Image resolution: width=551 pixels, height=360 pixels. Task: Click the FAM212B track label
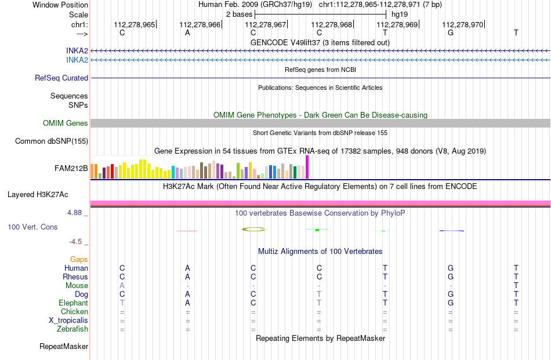click(x=71, y=168)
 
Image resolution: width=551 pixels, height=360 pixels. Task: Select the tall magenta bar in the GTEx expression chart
click(x=307, y=167)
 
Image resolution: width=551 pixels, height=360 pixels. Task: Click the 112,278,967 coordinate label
click(x=265, y=24)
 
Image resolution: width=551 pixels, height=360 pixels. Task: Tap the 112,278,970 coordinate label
click(x=462, y=24)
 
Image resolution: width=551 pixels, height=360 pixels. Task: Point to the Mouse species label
click(x=77, y=286)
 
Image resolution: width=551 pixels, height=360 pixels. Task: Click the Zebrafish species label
click(x=72, y=329)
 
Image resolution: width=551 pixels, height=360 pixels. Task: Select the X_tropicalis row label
click(x=68, y=321)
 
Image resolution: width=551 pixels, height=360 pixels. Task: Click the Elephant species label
click(x=74, y=303)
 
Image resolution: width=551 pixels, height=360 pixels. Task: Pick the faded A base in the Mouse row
click(x=122, y=286)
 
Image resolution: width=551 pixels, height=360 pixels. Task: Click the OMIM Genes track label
click(x=66, y=123)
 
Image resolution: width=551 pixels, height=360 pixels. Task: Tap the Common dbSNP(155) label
click(x=52, y=141)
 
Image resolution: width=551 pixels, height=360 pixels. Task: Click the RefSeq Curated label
click(x=61, y=78)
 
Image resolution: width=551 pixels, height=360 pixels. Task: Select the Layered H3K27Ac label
click(x=38, y=195)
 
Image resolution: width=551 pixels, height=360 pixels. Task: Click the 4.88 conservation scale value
click(x=74, y=213)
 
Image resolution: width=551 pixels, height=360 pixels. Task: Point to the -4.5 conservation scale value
click(x=75, y=242)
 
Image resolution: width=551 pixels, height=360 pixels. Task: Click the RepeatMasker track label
click(x=64, y=346)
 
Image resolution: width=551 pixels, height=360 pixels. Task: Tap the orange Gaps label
click(x=79, y=260)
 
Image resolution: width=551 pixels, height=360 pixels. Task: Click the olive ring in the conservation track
click(x=253, y=230)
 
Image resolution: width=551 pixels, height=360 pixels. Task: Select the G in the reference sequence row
click(x=451, y=32)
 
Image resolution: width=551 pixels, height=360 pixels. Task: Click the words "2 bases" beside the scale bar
click(x=239, y=14)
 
